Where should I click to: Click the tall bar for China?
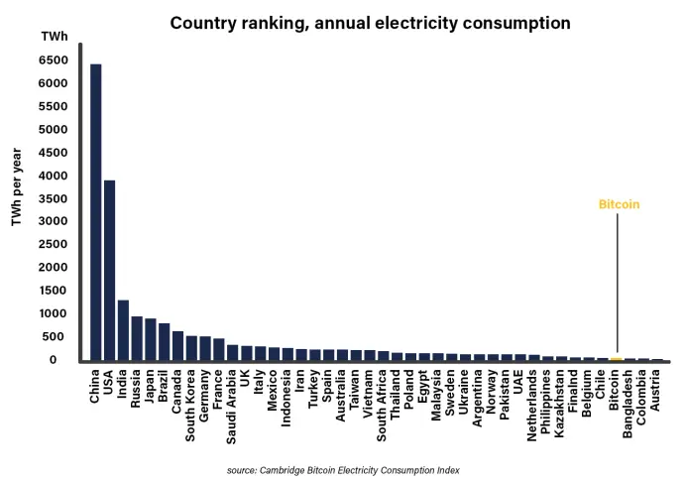click(96, 212)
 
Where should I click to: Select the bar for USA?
click(109, 271)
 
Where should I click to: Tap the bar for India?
click(123, 330)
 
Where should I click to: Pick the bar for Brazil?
click(164, 342)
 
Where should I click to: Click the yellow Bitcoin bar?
click(616, 359)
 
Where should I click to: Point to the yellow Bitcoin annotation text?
click(619, 204)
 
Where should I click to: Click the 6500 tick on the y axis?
click(53, 60)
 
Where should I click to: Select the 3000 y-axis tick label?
click(53, 220)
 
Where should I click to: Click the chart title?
click(370, 23)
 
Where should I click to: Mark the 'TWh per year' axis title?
click(17, 186)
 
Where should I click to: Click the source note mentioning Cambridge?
click(343, 470)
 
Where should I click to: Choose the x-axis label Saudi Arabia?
click(231, 407)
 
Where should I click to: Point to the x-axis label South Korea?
click(190, 406)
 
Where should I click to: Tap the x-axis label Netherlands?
click(531, 406)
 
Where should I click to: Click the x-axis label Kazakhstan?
click(559, 404)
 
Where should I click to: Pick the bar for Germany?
click(205, 348)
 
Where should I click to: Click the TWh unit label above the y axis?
click(55, 37)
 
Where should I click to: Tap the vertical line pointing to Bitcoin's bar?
click(618, 283)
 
